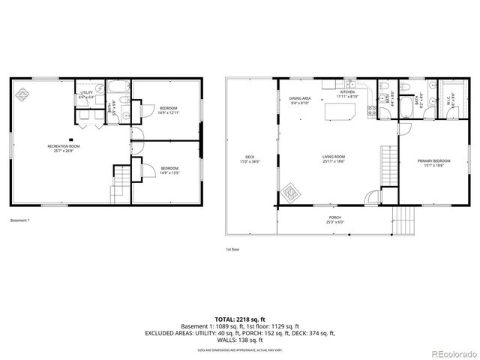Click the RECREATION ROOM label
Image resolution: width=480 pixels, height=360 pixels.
click(x=58, y=149)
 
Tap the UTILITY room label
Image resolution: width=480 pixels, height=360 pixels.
click(x=87, y=94)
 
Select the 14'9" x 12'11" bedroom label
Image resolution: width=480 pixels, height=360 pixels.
click(x=169, y=111)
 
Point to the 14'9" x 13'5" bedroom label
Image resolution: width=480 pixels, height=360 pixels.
click(x=169, y=170)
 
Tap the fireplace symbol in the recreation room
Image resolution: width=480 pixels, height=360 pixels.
click(x=24, y=94)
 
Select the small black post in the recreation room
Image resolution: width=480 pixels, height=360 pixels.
click(x=70, y=139)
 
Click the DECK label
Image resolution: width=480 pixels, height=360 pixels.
click(x=248, y=159)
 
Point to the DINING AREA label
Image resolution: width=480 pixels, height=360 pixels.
click(x=300, y=100)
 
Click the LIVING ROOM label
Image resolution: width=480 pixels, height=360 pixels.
click(x=333, y=159)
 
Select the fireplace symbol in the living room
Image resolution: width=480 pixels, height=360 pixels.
click(x=290, y=195)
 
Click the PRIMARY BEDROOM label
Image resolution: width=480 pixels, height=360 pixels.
click(x=433, y=163)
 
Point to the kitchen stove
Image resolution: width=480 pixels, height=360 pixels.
click(x=370, y=112)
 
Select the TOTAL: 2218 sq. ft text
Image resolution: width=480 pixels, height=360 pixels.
click(x=240, y=319)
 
